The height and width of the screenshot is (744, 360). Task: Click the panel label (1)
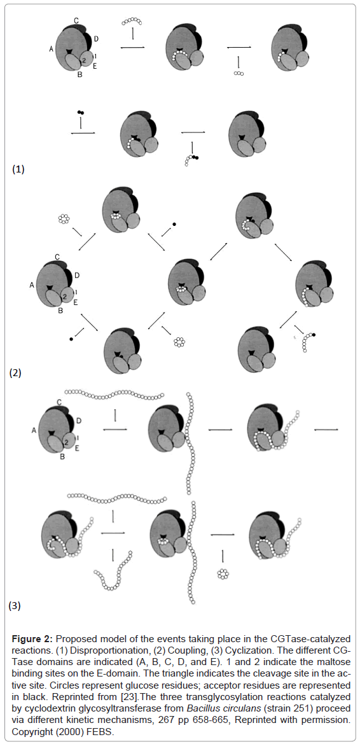coord(18,170)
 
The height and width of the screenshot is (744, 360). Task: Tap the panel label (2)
coord(16,373)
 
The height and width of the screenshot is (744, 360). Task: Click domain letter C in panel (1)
coord(76,20)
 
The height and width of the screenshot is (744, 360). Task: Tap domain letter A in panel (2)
coord(31,285)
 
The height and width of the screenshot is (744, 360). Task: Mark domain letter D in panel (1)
coord(97,38)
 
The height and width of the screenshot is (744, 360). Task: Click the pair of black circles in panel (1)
coord(81,112)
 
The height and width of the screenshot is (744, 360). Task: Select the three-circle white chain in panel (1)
coord(239,74)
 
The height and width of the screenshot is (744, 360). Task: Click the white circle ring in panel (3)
coord(223,574)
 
